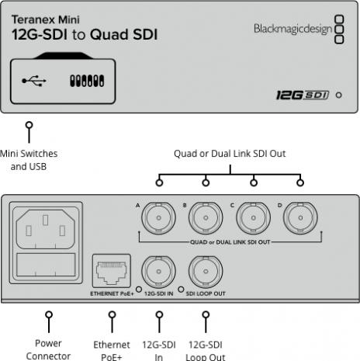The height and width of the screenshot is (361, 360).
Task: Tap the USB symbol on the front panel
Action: coord(33,80)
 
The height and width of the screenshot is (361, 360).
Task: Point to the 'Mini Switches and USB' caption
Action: coord(29,158)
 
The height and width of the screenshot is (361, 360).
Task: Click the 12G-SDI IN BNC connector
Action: coord(159,272)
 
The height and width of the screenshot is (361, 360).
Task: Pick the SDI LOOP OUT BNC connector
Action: coord(206,272)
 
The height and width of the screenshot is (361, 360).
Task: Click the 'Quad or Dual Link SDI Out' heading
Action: coord(229,154)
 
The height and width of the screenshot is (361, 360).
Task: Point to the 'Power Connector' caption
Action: coord(50,349)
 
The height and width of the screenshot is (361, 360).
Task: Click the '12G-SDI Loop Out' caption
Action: coord(206,349)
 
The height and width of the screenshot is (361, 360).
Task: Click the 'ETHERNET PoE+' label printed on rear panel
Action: coord(112,296)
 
